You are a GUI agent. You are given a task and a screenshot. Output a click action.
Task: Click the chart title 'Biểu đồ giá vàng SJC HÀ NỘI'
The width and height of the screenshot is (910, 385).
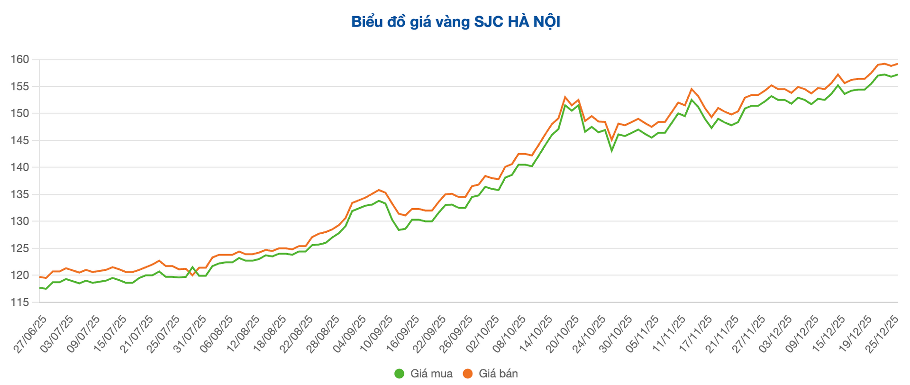pos(455,22)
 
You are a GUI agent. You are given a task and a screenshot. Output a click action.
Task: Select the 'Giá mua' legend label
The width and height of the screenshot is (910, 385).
pos(431,374)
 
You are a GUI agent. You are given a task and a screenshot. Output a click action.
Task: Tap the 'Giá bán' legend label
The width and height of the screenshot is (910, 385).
pos(498,374)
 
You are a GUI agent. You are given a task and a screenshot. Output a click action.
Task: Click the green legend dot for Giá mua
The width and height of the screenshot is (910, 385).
pos(400,374)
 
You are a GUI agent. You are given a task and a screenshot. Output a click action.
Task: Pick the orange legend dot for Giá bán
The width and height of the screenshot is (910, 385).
pos(468,374)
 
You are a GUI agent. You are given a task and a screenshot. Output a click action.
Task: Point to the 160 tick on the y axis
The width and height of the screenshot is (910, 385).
pos(20,59)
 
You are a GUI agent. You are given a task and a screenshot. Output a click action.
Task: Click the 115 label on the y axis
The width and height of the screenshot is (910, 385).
pos(20,302)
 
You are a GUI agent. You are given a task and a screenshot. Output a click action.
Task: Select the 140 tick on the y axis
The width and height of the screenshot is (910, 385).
pos(20,167)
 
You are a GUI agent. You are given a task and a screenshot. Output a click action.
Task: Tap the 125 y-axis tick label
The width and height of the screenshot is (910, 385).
pos(20,248)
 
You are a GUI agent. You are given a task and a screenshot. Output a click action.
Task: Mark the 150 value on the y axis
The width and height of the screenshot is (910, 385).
pos(20,113)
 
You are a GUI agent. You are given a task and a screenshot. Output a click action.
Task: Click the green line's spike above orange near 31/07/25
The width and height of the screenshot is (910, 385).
pos(192,267)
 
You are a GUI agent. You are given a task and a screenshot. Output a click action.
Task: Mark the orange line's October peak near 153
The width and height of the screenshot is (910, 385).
pos(565,97)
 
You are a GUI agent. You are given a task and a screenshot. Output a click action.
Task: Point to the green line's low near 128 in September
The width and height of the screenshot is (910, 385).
pos(399,230)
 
